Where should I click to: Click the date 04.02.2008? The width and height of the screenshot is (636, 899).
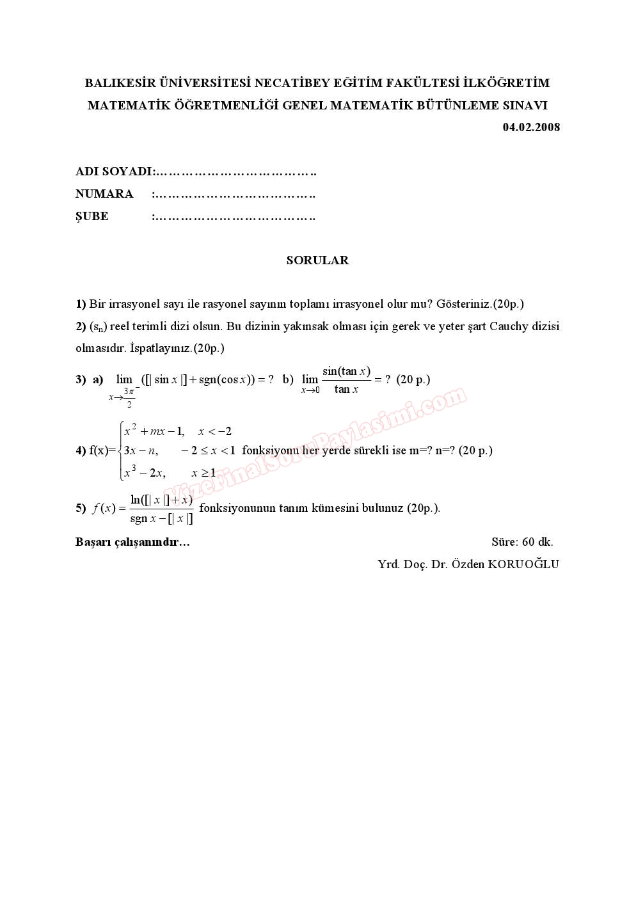[531, 127]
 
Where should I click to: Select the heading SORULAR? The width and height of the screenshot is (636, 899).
[317, 260]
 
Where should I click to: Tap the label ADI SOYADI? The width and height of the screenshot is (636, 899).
[113, 171]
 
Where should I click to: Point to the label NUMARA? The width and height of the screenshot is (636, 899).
[104, 194]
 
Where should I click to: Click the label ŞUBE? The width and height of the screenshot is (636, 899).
[92, 216]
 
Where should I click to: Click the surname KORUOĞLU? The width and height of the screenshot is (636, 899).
[523, 564]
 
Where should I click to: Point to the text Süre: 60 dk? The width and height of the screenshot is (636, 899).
[522, 542]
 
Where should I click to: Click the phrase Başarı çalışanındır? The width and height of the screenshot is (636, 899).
[132, 542]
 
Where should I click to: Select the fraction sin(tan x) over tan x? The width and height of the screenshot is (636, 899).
[346, 380]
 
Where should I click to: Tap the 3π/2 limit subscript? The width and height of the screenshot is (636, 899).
[129, 397]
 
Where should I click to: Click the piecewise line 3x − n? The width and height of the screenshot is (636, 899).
[141, 450]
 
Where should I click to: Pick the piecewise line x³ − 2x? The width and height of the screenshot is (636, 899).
[145, 473]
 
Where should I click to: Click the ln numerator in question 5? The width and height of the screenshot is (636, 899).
[161, 500]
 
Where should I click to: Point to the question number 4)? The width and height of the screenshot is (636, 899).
[81, 450]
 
